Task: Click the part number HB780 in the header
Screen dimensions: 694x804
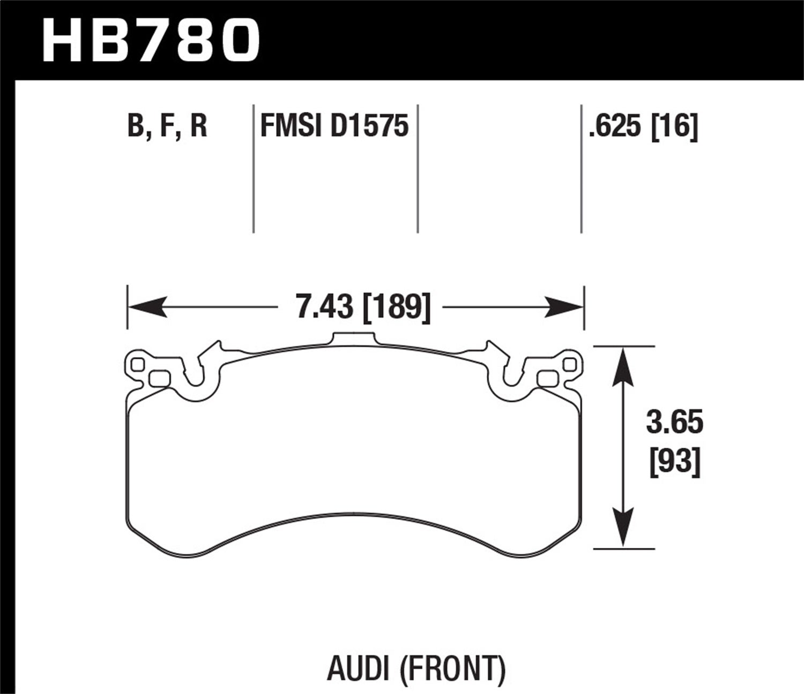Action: (x=151, y=40)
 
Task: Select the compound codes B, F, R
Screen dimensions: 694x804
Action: (x=167, y=127)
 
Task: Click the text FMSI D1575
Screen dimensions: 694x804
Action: (x=334, y=127)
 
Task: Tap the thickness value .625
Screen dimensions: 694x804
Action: (x=615, y=127)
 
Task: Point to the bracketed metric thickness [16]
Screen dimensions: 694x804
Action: (x=674, y=127)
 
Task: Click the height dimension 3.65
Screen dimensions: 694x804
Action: (x=674, y=423)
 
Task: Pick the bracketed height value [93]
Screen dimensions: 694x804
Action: (x=675, y=461)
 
